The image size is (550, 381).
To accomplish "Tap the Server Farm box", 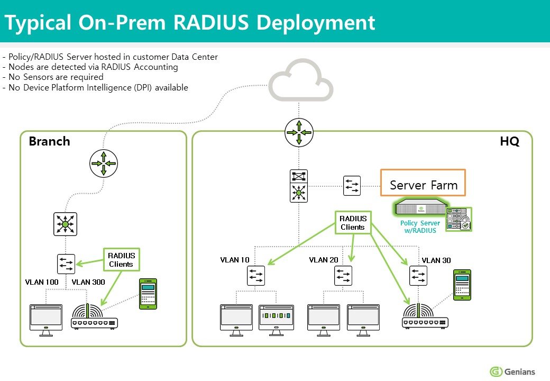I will click(423, 185).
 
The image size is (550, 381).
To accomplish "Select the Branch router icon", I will click(104, 163).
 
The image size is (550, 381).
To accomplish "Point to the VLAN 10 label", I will click(235, 260).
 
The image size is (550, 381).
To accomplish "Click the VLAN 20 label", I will click(324, 260).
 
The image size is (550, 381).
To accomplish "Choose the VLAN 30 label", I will click(436, 260).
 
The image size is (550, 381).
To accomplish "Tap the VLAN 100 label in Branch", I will click(42, 282).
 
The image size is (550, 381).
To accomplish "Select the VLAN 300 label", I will click(88, 282).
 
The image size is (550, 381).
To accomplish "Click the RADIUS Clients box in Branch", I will click(121, 260).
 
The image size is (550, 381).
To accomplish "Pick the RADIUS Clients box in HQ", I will click(352, 223).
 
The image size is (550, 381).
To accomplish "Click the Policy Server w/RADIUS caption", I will click(420, 226).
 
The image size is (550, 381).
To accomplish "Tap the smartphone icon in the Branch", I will click(148, 294).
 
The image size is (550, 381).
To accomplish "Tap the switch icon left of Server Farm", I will click(352, 186).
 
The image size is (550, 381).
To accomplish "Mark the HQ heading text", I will click(509, 142).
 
